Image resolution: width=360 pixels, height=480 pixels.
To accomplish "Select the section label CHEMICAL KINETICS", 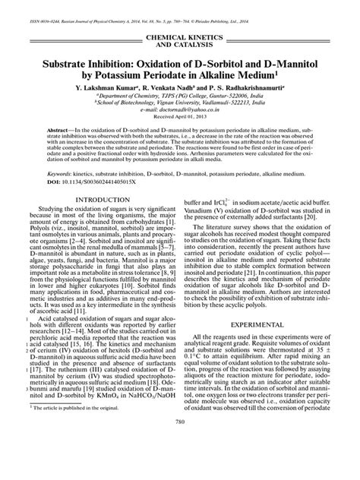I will click(180, 36).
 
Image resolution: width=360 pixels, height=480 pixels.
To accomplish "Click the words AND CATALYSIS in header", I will click(180, 45).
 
